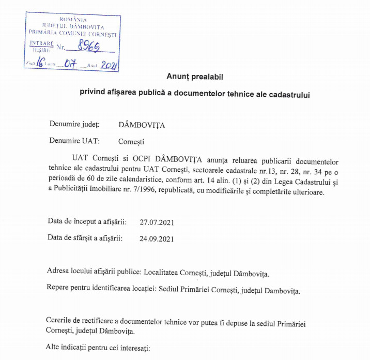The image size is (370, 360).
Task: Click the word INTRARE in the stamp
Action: (41, 43)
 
